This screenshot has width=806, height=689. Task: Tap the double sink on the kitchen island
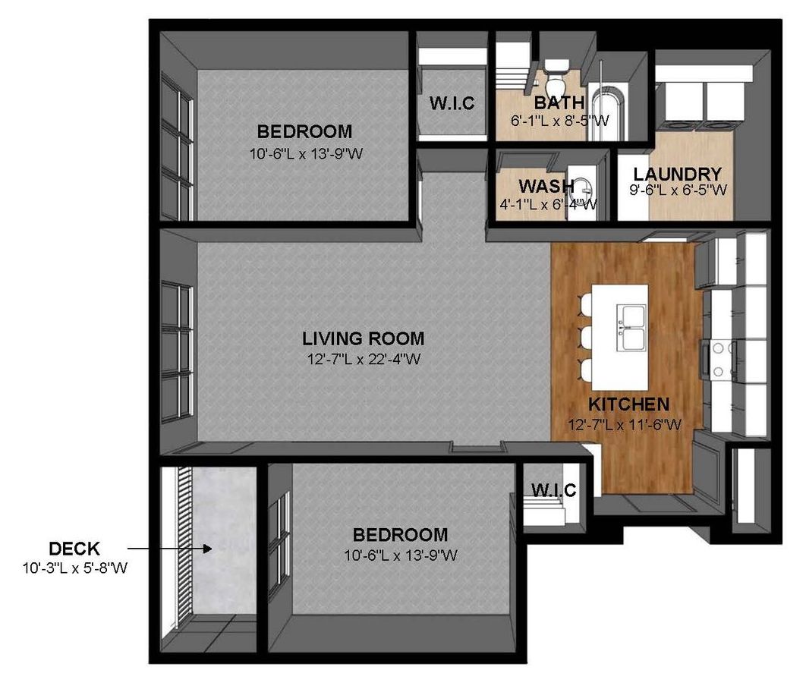point(631,327)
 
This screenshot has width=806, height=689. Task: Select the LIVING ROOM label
point(364,338)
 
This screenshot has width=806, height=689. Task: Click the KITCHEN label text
point(628,404)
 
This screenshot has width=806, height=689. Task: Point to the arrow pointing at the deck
point(170,549)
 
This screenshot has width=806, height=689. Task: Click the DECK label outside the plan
point(74,549)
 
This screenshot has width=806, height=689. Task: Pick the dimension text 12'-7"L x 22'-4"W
point(364,359)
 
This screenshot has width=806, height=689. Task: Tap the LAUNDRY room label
point(678,175)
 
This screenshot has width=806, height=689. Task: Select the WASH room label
point(546,185)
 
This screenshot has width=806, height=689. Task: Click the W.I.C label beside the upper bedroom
point(452,103)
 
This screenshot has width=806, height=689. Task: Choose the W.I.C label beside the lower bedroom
point(553,489)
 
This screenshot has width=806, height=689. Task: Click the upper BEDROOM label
point(305,131)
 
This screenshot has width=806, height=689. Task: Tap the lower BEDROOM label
point(401,535)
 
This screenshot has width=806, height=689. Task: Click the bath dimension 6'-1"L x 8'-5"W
point(560,121)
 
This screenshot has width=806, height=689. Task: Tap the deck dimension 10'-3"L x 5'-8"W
point(75,568)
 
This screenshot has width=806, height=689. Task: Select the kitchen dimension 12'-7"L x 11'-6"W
point(625,425)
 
